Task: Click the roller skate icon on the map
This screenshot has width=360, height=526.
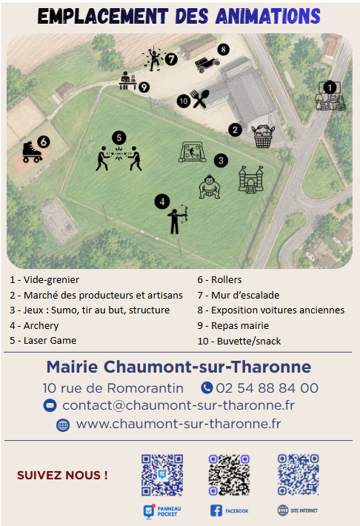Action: click(32, 153)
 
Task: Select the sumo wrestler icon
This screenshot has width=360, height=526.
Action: click(210, 187)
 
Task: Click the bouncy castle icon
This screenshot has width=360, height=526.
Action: click(250, 179)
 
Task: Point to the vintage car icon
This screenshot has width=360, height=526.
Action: click(207, 64)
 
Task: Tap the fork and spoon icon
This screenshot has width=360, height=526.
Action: click(200, 99)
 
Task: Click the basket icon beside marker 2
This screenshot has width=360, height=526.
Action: click(263, 137)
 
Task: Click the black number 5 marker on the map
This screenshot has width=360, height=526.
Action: click(119, 138)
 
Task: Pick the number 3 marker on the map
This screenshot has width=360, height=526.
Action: click(221, 161)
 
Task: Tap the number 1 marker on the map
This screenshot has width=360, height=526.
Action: click(330, 88)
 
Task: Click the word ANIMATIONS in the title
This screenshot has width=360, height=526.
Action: click(267, 16)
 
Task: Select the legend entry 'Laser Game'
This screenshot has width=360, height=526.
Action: click(50, 341)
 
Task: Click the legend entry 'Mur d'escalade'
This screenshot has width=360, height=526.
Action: click(245, 295)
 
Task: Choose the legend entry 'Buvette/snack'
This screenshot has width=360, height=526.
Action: click(249, 342)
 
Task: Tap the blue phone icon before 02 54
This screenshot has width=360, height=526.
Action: click(207, 387)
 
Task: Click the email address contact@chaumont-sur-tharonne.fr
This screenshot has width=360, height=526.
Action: click(179, 405)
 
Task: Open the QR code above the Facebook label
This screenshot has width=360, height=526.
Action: click(229, 475)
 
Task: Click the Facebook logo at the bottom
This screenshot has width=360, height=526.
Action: click(216, 510)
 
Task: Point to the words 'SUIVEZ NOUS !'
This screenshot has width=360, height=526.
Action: click(62, 476)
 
